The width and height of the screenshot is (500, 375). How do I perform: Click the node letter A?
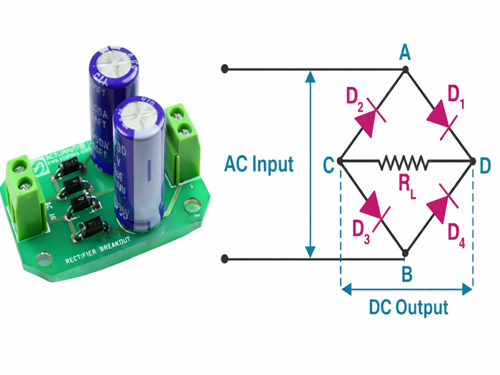click(x=405, y=52)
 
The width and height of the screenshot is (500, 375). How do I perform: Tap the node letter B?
click(x=406, y=273)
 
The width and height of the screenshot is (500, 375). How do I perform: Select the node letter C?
click(x=329, y=165)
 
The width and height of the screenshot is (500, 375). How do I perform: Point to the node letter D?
click(x=485, y=165)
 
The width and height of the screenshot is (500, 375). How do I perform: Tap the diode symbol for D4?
click(x=439, y=207)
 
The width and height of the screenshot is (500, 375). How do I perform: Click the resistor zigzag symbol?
click(x=404, y=163)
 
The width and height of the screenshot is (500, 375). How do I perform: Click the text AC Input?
click(x=259, y=164)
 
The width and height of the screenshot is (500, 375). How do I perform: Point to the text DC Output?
click(x=409, y=308)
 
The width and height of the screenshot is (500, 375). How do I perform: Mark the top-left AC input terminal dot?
click(x=225, y=69)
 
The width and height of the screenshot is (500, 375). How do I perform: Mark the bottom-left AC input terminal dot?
click(x=225, y=258)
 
